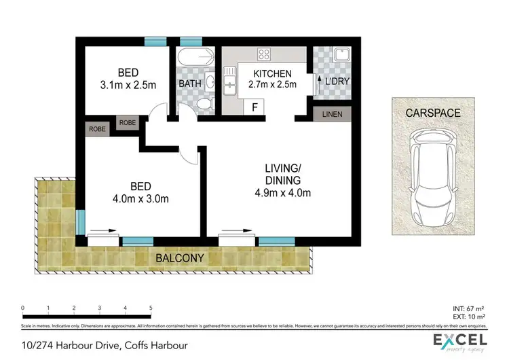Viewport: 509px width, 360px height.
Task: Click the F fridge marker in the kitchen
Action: [x=254, y=107]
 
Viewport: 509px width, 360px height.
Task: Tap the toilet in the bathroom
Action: [x=206, y=104]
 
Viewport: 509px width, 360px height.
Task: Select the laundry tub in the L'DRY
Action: [x=339, y=56]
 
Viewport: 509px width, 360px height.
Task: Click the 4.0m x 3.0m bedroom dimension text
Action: [x=140, y=199]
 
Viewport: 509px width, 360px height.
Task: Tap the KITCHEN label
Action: [x=272, y=73]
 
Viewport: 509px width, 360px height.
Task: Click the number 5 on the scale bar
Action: [x=150, y=308]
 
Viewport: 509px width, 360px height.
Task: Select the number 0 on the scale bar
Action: [x=23, y=308]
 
